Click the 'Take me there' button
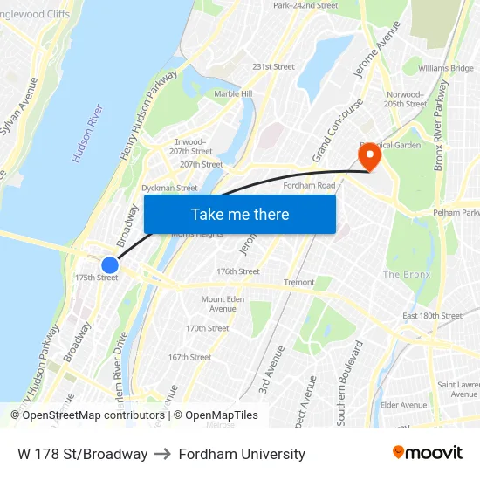tap(240, 214)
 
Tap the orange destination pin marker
tap(369, 155)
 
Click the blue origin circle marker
tap(110, 265)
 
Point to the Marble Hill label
tap(233, 93)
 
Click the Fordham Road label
tap(310, 185)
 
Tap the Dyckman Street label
tap(169, 188)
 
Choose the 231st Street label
tap(273, 66)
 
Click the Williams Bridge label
tap(445, 68)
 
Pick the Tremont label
tap(299, 283)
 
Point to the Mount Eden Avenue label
tap(219, 304)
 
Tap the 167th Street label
tap(189, 357)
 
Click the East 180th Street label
tap(432, 316)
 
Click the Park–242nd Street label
tap(305, 5)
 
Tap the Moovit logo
tap(427, 453)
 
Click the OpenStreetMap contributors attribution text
tap(93, 415)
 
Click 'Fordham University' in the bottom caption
tap(242, 454)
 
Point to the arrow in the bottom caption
tap(163, 454)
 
